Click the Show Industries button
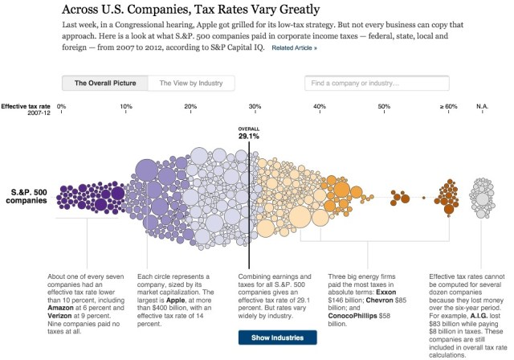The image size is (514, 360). pos(276,337)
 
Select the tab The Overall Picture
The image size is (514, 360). pos(104,83)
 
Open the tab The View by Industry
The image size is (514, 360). pos(191,83)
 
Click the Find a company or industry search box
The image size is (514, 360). pos(375,83)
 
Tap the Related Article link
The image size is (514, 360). pos(294,48)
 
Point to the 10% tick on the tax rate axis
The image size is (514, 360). pos(126,107)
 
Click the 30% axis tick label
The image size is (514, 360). pos(255,107)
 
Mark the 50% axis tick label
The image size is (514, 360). pos(384,107)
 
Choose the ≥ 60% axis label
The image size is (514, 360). pos(447,107)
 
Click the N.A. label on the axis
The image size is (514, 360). pos(482,107)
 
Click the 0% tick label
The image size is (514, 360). pos(62,107)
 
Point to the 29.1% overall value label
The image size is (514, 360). pos(249,137)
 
